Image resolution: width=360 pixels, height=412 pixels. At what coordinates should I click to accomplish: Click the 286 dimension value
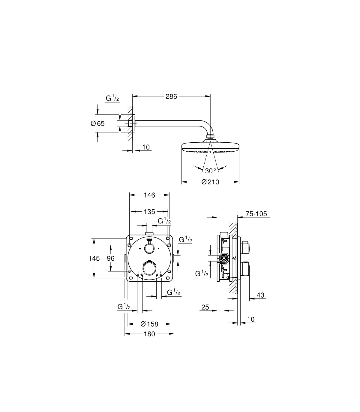[x=171, y=96]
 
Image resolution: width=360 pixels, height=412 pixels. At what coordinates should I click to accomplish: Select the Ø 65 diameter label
[x=97, y=123]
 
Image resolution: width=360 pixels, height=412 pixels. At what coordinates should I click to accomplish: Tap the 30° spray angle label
[x=211, y=171]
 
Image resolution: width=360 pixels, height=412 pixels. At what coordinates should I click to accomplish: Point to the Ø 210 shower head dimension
[x=210, y=182]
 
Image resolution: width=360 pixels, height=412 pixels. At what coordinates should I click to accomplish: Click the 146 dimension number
[x=149, y=195]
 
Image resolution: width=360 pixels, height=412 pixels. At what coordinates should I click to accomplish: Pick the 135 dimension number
[x=149, y=212]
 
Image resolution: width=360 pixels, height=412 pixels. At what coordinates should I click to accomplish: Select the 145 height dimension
[x=94, y=258]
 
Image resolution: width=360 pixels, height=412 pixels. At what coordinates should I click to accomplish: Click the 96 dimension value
[x=111, y=258]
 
